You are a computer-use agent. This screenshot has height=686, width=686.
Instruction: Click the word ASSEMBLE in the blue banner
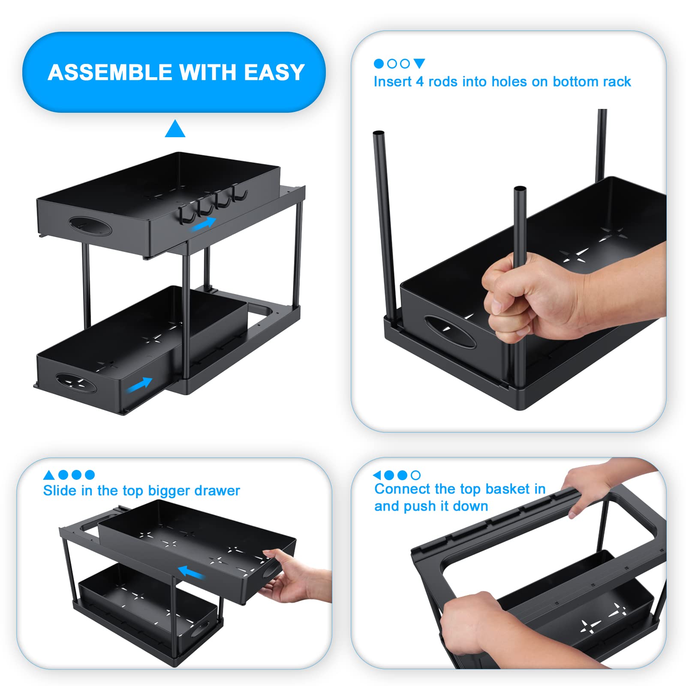(110, 72)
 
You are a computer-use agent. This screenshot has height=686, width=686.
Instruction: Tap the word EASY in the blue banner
(274, 72)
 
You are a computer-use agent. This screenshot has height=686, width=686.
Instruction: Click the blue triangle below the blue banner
(175, 129)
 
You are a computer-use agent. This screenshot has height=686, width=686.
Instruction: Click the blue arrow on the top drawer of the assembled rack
(203, 224)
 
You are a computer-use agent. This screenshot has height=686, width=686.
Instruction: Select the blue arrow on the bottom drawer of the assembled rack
(139, 384)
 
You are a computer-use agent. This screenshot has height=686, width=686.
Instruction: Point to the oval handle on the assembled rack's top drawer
(90, 226)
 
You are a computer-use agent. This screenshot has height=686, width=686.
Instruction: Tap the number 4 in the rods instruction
(420, 81)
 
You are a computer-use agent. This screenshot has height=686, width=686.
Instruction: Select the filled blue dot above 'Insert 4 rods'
(379, 64)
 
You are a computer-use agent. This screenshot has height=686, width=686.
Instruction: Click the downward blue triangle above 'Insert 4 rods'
(419, 63)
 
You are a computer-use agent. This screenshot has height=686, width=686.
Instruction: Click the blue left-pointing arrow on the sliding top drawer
(191, 572)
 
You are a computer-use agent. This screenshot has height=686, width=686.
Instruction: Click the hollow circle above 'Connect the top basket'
(415, 475)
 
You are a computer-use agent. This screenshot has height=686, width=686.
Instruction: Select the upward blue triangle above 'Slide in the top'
(49, 475)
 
